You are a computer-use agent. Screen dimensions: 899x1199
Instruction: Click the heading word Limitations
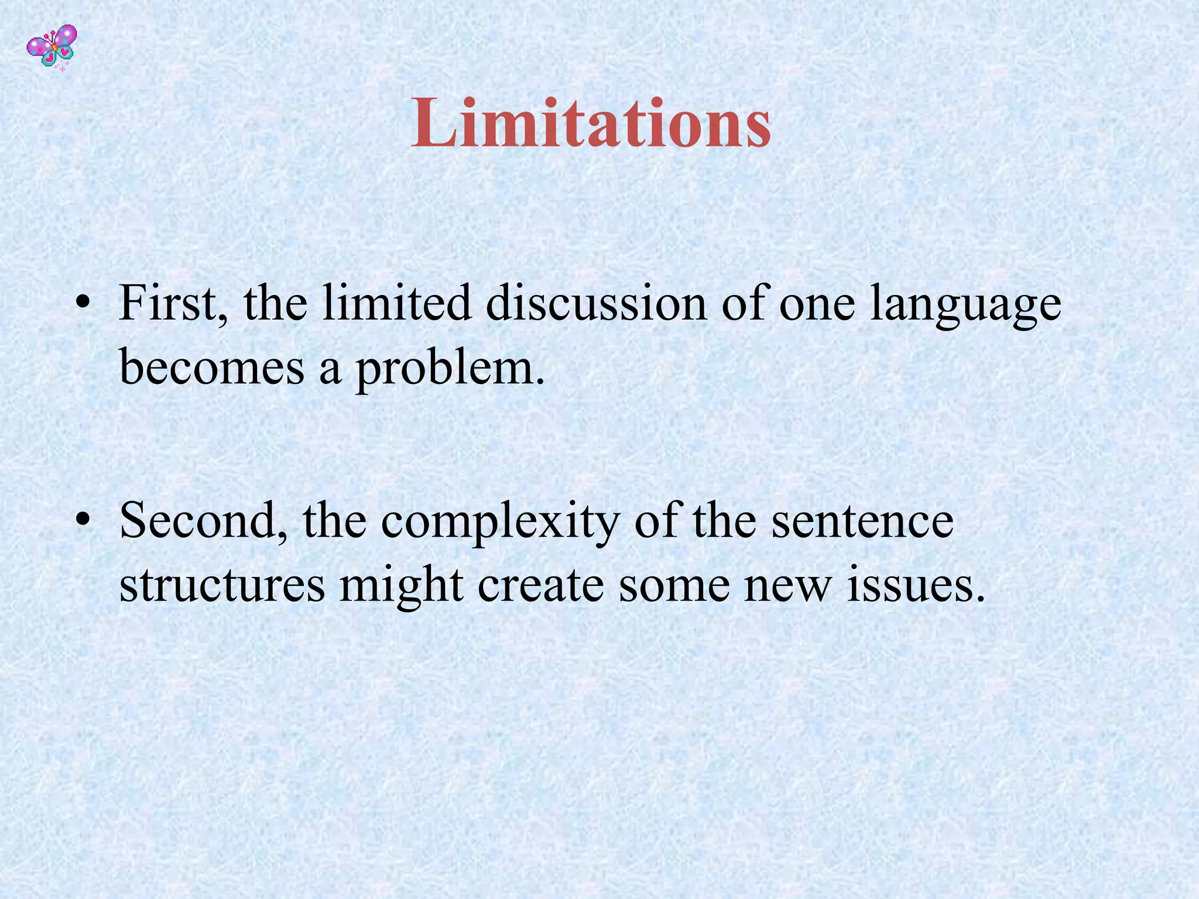[591, 123]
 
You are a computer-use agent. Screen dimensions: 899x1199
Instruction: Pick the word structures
[222, 585]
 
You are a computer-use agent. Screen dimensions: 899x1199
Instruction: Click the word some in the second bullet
[674, 586]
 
